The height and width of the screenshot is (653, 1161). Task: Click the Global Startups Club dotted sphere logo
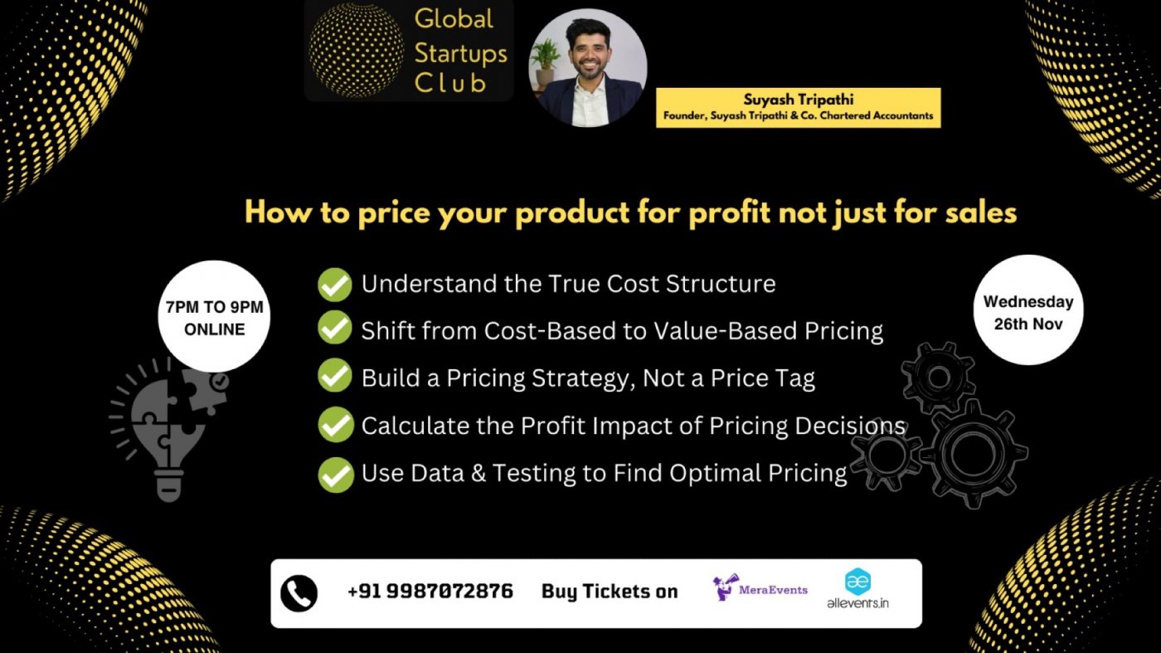357,51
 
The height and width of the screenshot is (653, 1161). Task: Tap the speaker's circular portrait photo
587,68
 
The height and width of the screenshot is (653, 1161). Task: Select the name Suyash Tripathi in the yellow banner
797,100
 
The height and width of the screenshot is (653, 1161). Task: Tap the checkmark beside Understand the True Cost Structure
335,284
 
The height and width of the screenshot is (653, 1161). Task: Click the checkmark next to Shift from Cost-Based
335,330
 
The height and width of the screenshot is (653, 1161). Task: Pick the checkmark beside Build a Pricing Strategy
335,378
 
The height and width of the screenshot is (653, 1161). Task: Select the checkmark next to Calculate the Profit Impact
335,426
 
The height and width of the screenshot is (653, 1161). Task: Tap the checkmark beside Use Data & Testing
335,473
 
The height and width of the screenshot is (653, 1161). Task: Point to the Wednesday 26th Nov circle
1028,311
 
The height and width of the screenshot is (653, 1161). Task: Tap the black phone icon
299,592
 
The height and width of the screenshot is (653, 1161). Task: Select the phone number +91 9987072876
430,592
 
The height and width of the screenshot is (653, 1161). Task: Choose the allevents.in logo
857,590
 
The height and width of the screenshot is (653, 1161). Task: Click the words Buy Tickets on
610,592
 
